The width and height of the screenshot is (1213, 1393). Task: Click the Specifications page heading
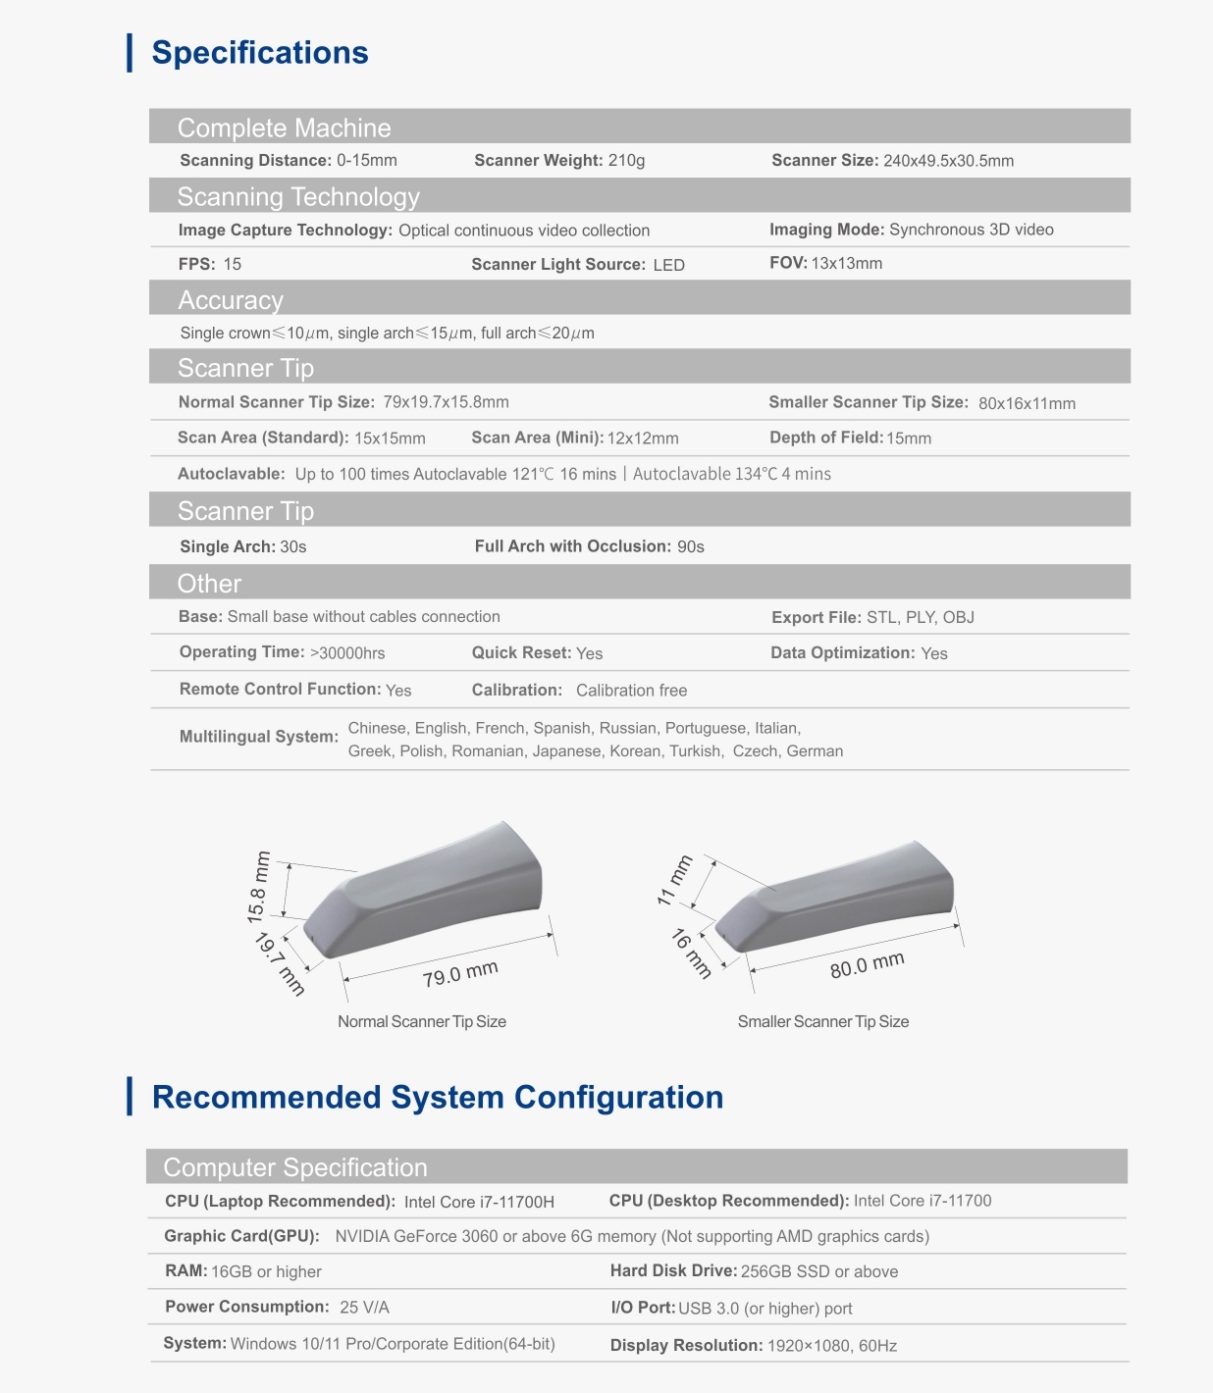(260, 53)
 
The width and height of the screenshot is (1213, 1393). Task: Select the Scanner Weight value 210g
(626, 161)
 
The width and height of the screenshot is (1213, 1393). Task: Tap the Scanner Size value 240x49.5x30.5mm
(948, 161)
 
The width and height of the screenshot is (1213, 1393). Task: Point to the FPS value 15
(233, 264)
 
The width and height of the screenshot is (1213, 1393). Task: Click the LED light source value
(668, 265)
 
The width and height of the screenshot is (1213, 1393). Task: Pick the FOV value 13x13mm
(846, 263)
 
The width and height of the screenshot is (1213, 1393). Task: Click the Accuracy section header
(231, 300)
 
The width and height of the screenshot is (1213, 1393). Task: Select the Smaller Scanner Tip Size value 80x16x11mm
(1027, 403)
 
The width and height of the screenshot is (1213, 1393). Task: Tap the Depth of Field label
(825, 438)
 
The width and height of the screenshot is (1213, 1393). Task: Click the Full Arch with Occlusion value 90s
(691, 546)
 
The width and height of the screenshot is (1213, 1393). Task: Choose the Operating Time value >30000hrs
(347, 653)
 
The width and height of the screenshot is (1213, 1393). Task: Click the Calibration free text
(631, 691)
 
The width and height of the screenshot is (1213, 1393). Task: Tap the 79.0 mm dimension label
(460, 974)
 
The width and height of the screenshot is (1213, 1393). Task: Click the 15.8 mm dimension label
(258, 887)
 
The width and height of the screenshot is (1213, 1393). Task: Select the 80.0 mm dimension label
(867, 965)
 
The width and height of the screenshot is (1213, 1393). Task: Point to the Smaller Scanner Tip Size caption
(822, 1021)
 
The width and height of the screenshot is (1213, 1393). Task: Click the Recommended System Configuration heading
(438, 1097)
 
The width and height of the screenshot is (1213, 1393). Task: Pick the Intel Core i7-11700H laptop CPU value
(479, 1202)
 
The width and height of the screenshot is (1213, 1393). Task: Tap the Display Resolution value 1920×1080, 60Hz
(831, 1346)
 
